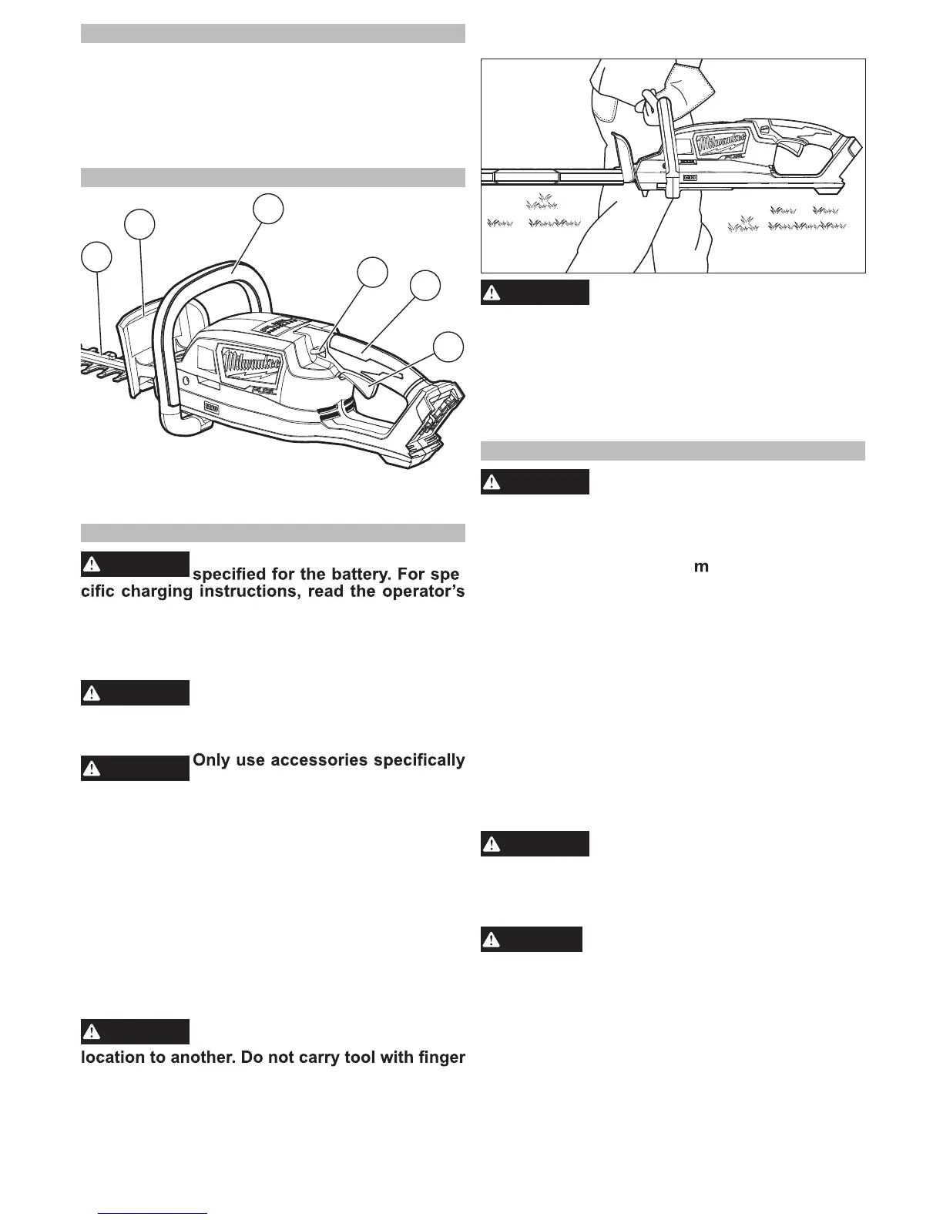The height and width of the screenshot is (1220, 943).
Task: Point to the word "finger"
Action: pos(440,1057)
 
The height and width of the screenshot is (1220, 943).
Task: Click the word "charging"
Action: pos(151,593)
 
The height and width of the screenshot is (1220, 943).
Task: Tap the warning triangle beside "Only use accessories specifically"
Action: pos(92,768)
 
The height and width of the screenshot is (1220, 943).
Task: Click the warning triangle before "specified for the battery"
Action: pos(92,564)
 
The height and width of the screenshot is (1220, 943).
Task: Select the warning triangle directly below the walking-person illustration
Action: pos(492,293)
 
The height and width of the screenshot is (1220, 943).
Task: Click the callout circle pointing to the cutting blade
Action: pos(96,256)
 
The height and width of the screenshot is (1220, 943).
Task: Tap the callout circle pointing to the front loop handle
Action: pos(268,209)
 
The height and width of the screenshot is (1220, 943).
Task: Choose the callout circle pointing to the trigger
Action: pos(448,347)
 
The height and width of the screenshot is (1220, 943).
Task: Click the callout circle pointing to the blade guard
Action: pos(139,223)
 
